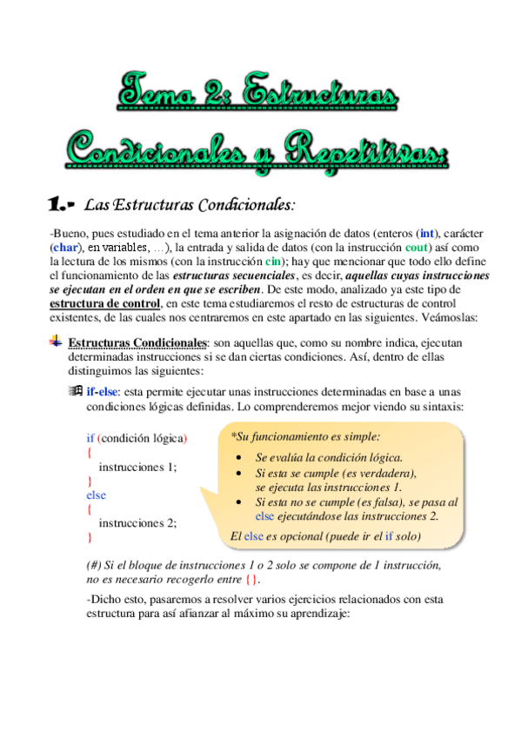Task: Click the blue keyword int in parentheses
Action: [427, 233]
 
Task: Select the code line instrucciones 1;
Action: [137, 466]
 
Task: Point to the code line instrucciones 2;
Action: [137, 522]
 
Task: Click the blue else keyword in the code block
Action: [96, 495]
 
